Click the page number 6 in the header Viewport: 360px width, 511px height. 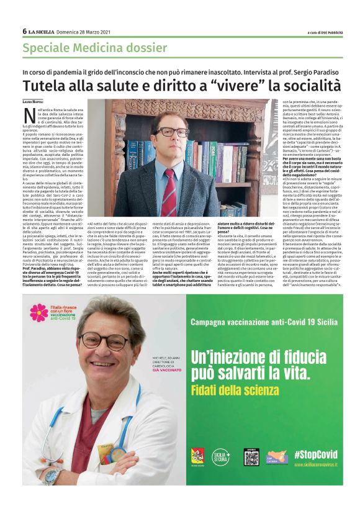pyautogui.click(x=24, y=31)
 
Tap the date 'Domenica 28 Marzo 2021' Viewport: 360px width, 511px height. pyautogui.click(x=84, y=32)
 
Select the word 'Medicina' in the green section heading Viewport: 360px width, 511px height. pyautogui.click(x=92, y=48)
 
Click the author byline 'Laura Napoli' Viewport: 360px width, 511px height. pyautogui.click(x=34, y=102)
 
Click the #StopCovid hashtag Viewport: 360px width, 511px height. pyautogui.click(x=315, y=453)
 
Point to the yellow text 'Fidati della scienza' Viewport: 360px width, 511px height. pyautogui.click(x=226, y=391)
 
